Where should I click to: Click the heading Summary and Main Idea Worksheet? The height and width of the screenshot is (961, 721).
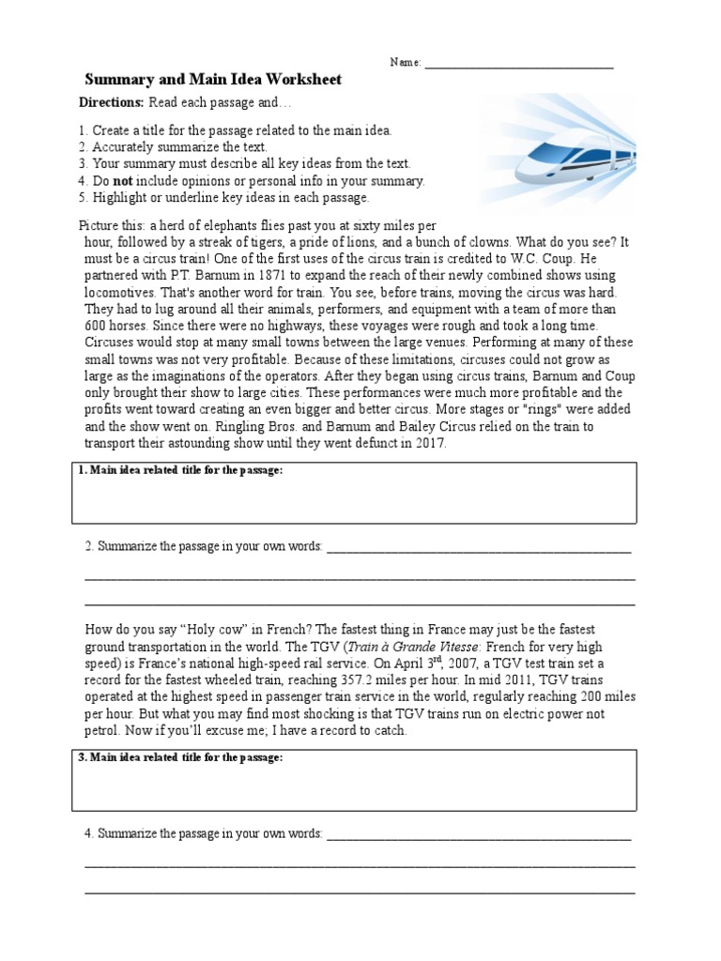pos(213,80)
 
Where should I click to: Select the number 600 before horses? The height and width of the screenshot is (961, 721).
pos(97,326)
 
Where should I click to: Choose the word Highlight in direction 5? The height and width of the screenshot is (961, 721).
pos(119,198)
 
